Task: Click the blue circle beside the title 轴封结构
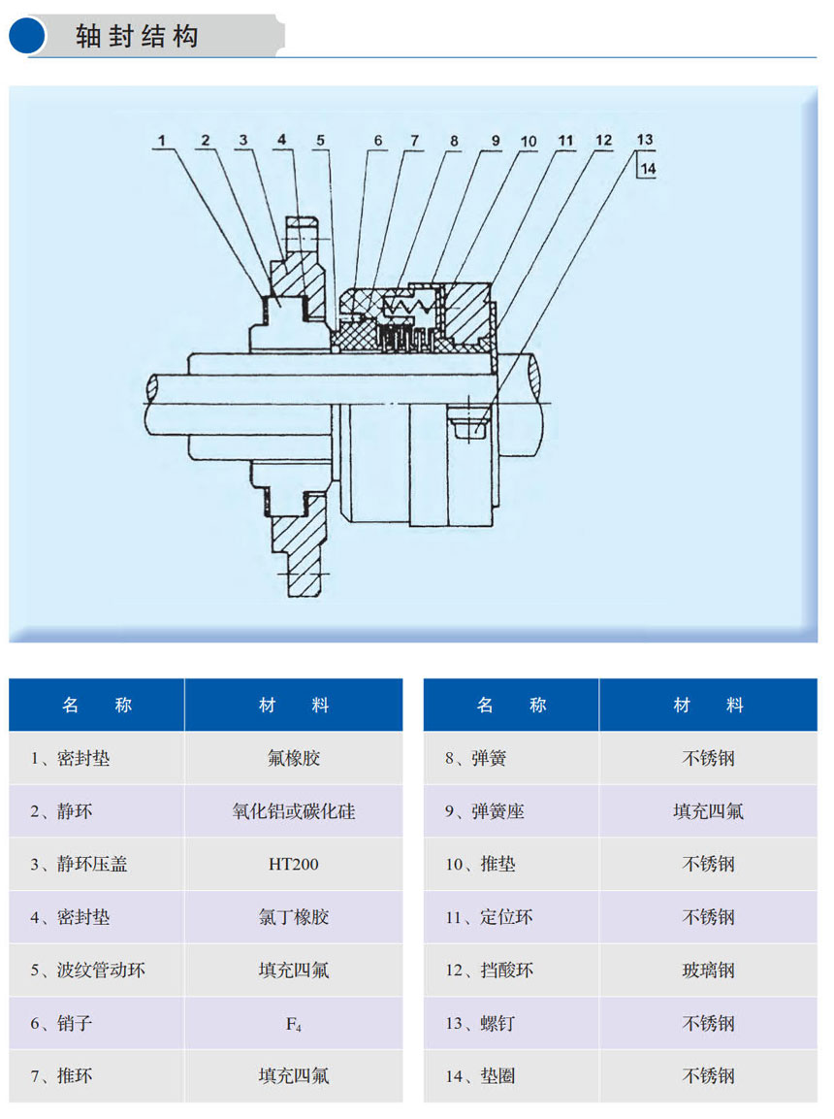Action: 27,36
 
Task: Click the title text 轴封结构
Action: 137,36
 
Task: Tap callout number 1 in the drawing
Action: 162,141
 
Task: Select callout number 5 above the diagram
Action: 320,141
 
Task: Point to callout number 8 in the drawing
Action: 454,141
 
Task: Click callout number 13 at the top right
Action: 644,140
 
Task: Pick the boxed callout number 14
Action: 647,169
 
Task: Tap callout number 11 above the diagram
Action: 565,141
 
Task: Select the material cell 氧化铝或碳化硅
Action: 294,811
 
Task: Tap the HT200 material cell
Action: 294,864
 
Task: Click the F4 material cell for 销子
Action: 294,1024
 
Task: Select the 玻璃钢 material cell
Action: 709,970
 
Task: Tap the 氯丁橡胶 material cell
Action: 294,917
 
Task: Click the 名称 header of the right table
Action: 511,706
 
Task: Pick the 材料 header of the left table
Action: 294,706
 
